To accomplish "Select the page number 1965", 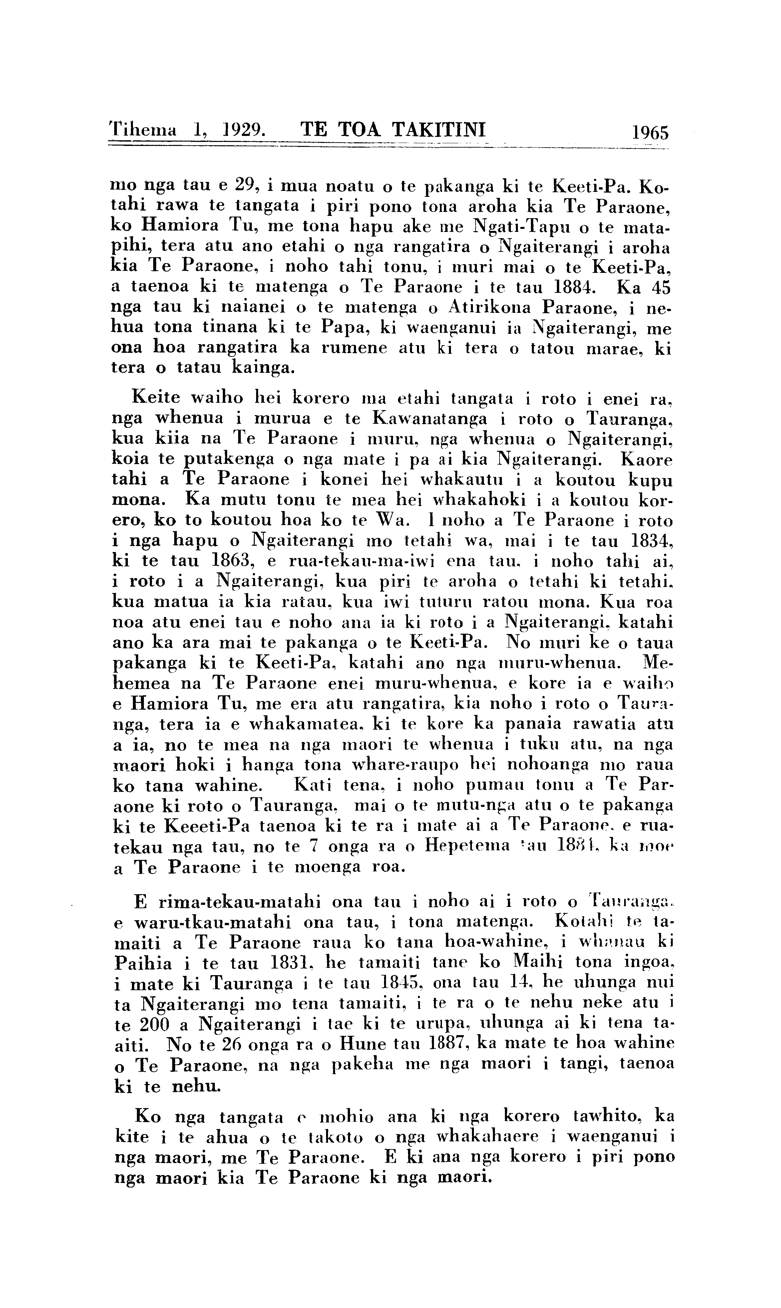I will [x=650, y=132].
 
